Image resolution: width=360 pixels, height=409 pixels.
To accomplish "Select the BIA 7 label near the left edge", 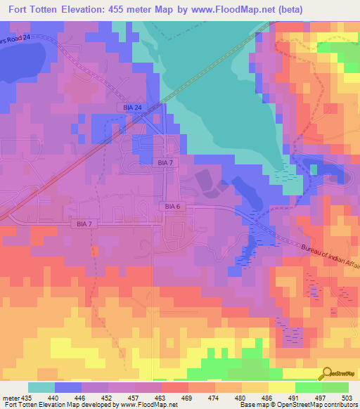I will pyautogui.click(x=82, y=223).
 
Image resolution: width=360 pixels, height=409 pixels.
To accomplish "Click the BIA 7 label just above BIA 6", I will pyautogui.click(x=161, y=162).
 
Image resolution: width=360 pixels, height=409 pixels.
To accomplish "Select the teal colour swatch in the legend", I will pyautogui.click(x=41, y=387).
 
